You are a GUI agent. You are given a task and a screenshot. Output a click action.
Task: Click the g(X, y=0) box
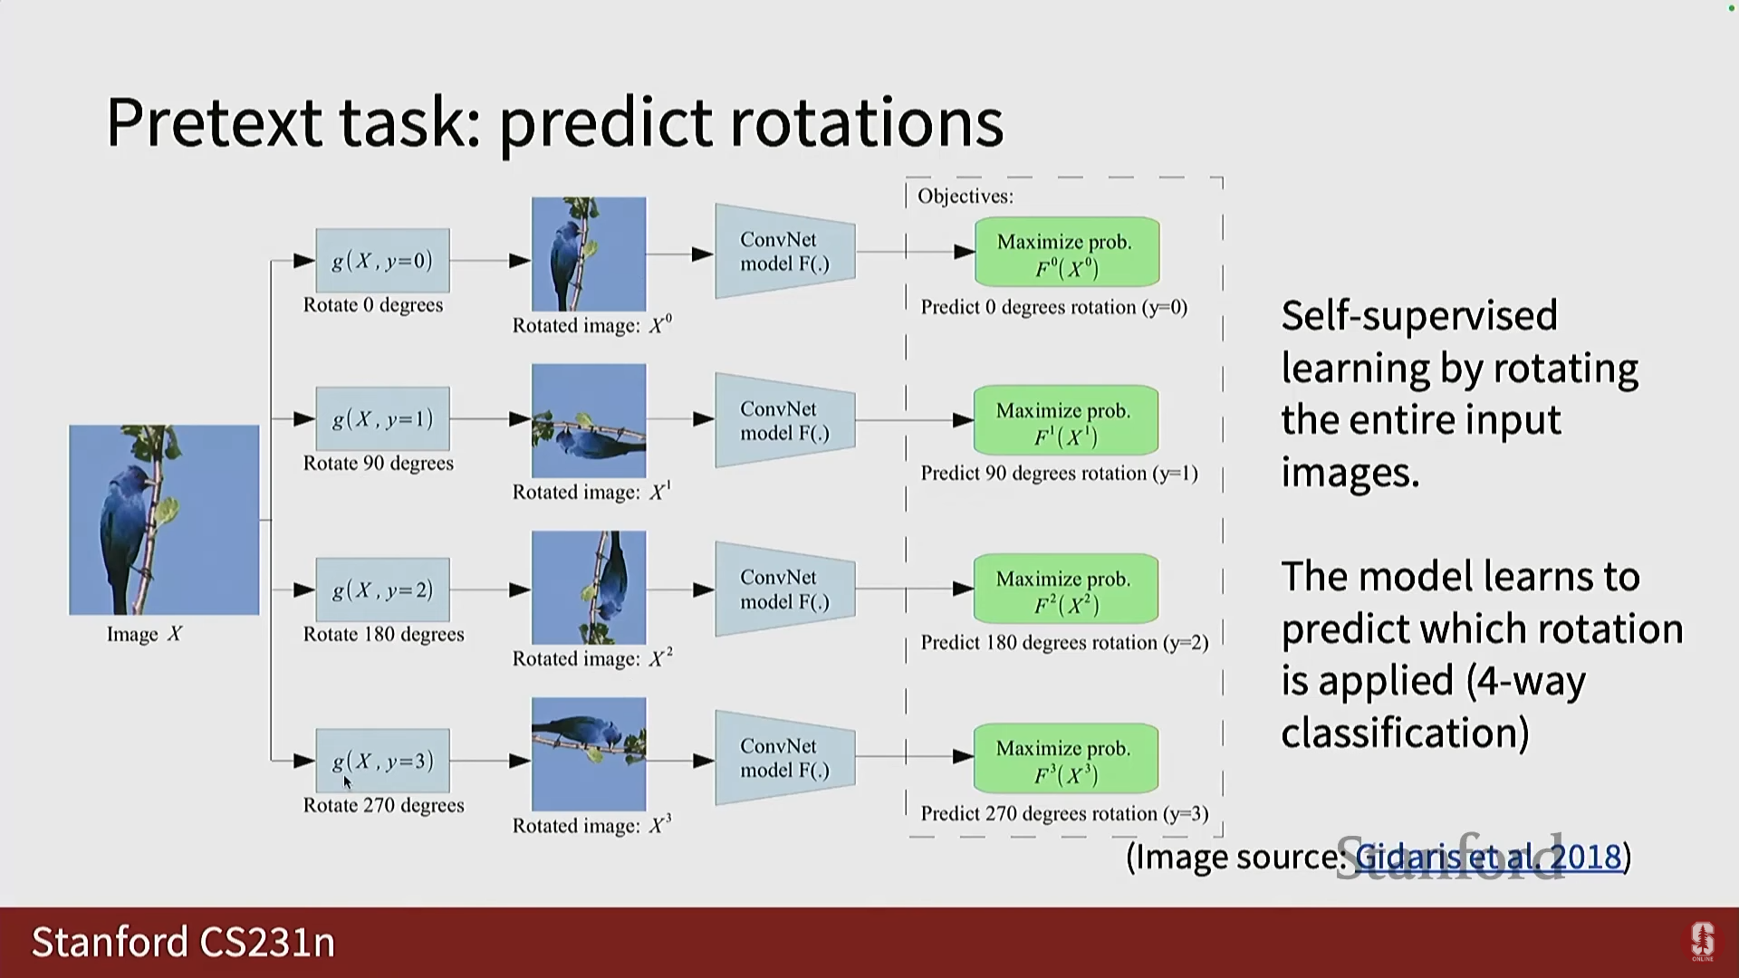382,261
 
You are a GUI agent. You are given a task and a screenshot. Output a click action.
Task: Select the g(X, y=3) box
382,761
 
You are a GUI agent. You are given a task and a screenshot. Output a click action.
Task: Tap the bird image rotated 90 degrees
589,420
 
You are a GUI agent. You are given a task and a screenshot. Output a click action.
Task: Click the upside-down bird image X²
589,587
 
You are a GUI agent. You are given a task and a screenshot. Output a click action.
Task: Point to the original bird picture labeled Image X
164,520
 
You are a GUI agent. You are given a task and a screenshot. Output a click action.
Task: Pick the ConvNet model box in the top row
784,252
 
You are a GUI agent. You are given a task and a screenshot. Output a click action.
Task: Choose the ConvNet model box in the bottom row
784,758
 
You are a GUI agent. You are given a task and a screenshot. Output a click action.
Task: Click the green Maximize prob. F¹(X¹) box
1065,421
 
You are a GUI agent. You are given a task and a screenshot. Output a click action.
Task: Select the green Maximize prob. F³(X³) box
1065,759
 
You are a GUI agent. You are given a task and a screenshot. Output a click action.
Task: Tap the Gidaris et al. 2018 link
1487,856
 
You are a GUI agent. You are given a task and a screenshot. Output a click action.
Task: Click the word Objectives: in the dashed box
965,197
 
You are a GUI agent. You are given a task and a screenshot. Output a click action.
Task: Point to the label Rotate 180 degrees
383,634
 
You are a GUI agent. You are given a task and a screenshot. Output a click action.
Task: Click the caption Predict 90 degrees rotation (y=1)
1059,474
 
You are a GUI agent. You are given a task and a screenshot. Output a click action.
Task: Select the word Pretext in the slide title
214,122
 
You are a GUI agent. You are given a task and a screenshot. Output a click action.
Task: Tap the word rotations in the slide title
867,122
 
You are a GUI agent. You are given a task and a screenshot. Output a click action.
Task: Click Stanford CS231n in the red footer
183,942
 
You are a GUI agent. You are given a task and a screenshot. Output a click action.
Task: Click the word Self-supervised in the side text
1418,316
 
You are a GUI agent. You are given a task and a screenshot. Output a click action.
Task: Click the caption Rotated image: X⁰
591,325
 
